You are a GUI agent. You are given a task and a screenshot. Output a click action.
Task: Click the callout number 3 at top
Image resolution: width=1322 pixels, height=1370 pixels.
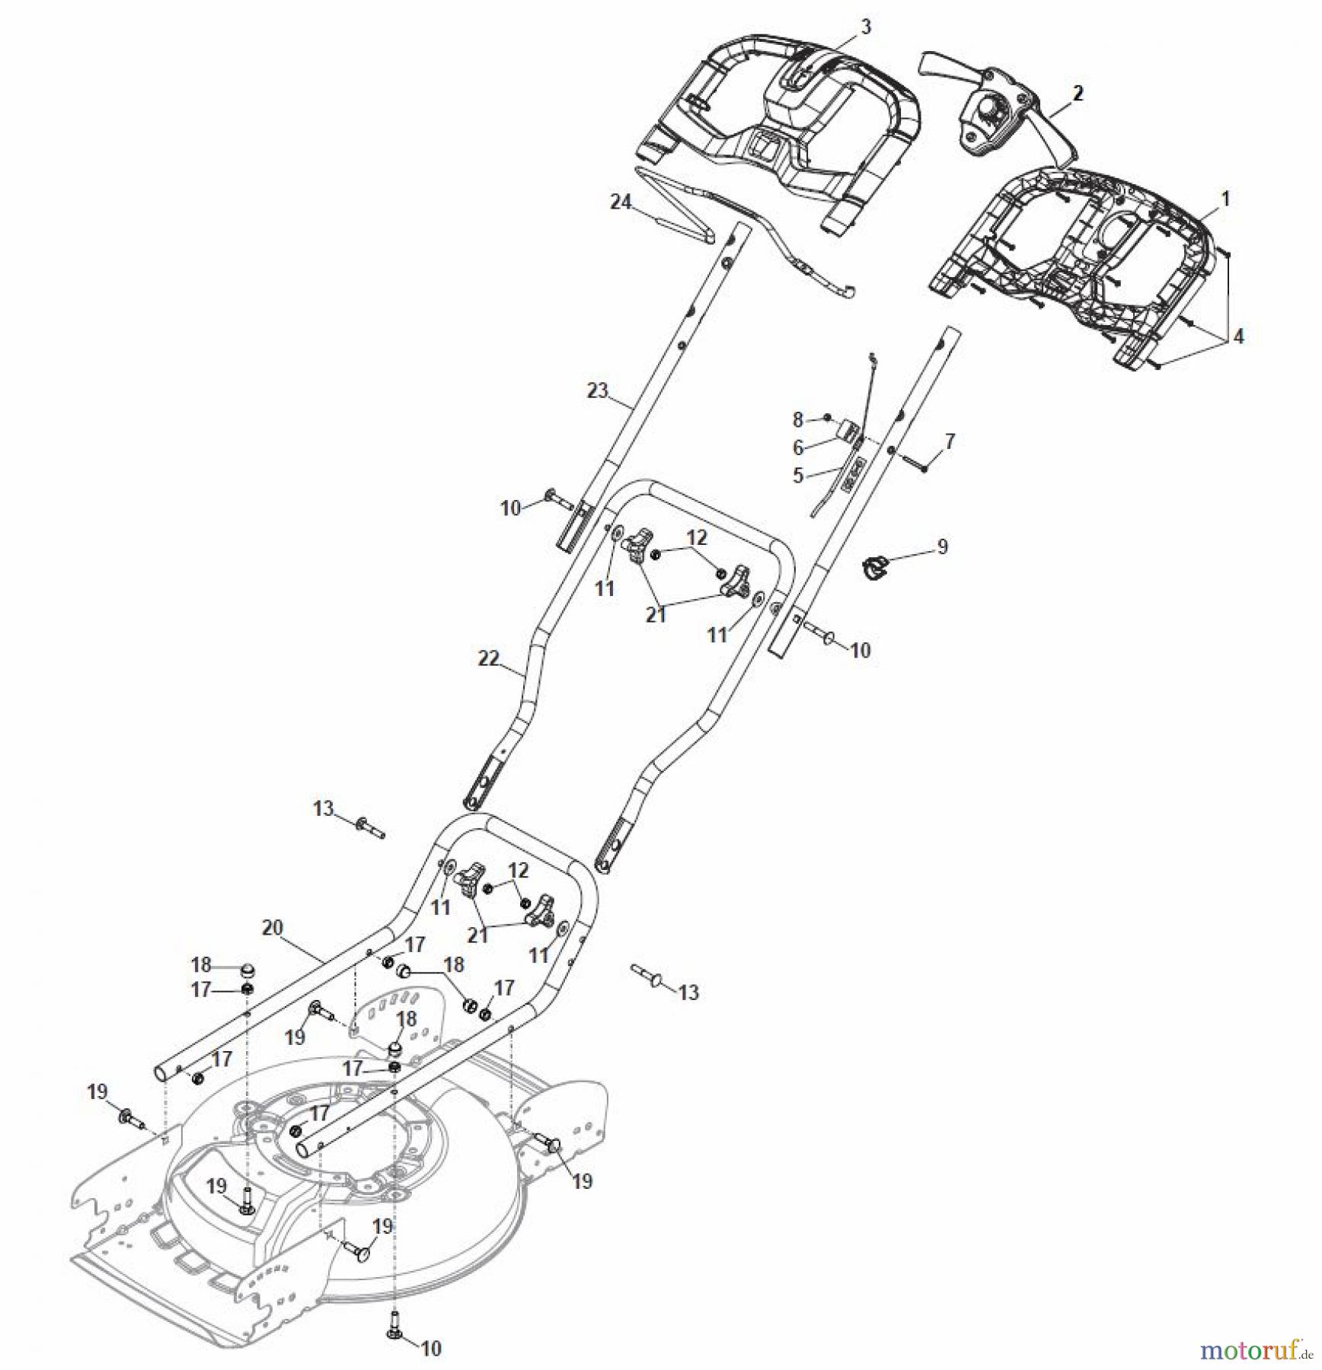865,27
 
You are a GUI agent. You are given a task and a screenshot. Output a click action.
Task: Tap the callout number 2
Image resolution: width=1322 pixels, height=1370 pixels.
1078,94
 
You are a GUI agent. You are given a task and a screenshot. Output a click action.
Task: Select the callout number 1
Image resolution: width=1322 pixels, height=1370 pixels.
1226,199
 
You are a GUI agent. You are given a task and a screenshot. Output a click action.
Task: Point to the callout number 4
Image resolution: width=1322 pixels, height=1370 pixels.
1238,336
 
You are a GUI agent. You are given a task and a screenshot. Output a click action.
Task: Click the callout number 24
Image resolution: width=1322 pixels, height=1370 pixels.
621,202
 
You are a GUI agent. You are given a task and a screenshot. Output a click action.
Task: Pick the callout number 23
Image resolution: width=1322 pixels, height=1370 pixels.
598,390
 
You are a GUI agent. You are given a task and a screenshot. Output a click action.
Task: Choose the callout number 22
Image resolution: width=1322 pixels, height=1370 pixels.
488,658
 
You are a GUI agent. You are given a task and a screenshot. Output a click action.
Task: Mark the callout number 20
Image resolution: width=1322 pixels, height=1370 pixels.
272,928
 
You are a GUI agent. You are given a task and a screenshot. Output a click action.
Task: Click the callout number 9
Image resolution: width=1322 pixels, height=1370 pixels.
942,546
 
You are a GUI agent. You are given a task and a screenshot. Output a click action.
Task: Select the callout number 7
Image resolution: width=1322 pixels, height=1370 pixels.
949,441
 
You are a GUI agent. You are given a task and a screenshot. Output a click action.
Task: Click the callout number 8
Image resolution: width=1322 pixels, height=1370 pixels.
797,419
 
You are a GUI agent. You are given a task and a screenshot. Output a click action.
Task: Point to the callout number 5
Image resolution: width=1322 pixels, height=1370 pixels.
797,476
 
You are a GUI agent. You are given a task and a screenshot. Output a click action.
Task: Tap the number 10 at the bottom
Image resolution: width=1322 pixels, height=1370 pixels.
430,1349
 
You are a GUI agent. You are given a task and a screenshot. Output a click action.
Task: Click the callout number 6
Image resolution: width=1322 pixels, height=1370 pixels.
797,448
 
